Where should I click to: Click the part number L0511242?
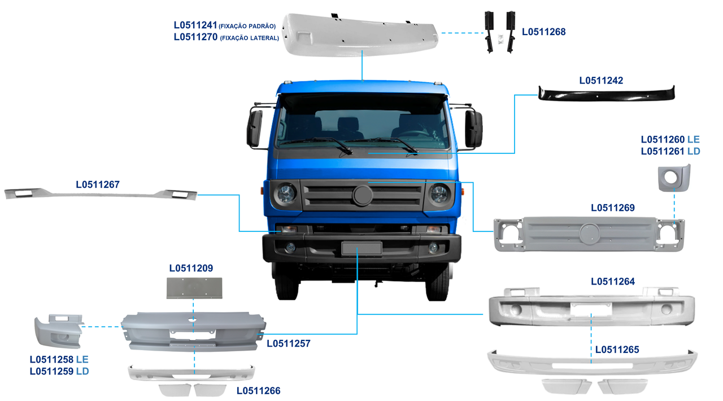pyautogui.click(x=601, y=80)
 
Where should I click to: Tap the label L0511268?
pyautogui.click(x=543, y=32)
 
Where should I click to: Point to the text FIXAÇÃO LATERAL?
pyautogui.click(x=249, y=38)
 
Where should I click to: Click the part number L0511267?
pyautogui.click(x=98, y=184)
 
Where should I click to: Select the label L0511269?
pyautogui.click(x=612, y=208)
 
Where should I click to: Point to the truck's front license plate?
pyautogui.click(x=361, y=248)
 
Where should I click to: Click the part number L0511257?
pyautogui.click(x=288, y=343)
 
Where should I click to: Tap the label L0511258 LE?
pyautogui.click(x=59, y=359)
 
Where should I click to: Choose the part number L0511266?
pyautogui.click(x=258, y=390)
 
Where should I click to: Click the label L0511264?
pyautogui.click(x=612, y=281)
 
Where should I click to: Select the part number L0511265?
pyautogui.click(x=617, y=350)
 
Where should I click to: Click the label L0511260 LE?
pyautogui.click(x=670, y=139)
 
